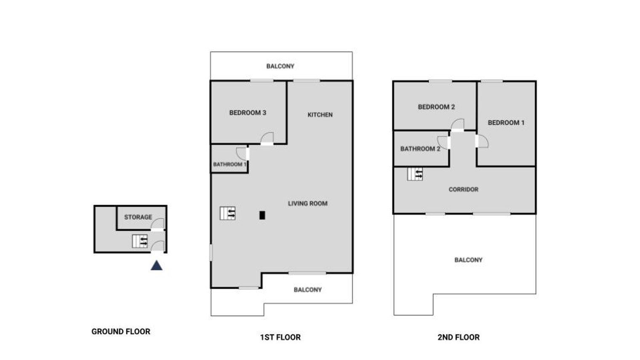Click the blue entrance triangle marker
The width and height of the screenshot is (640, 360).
(x=157, y=266)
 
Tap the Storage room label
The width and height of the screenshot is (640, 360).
(x=138, y=217)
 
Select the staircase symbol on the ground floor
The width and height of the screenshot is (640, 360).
(x=140, y=241)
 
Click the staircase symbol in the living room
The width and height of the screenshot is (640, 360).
(x=227, y=213)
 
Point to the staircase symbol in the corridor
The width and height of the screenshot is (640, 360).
(x=415, y=174)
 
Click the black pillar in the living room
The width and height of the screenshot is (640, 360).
(x=262, y=216)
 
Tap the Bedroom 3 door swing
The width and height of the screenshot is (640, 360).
(x=267, y=139)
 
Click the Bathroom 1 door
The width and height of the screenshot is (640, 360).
(x=242, y=154)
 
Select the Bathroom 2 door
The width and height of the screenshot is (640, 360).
(x=444, y=143)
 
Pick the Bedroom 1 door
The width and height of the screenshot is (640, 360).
(x=482, y=141)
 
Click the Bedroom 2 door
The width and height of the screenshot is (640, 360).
(x=457, y=125)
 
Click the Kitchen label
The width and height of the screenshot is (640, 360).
(x=320, y=115)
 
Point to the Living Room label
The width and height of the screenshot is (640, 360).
(x=308, y=203)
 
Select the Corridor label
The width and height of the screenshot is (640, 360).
(x=464, y=189)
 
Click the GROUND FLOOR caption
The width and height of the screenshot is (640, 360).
(x=121, y=331)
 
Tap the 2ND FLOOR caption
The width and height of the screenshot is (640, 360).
(x=459, y=337)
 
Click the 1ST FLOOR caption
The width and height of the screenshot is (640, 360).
(x=280, y=337)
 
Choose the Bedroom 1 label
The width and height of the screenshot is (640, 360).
(x=506, y=123)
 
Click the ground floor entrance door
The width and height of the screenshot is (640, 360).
(x=157, y=247)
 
